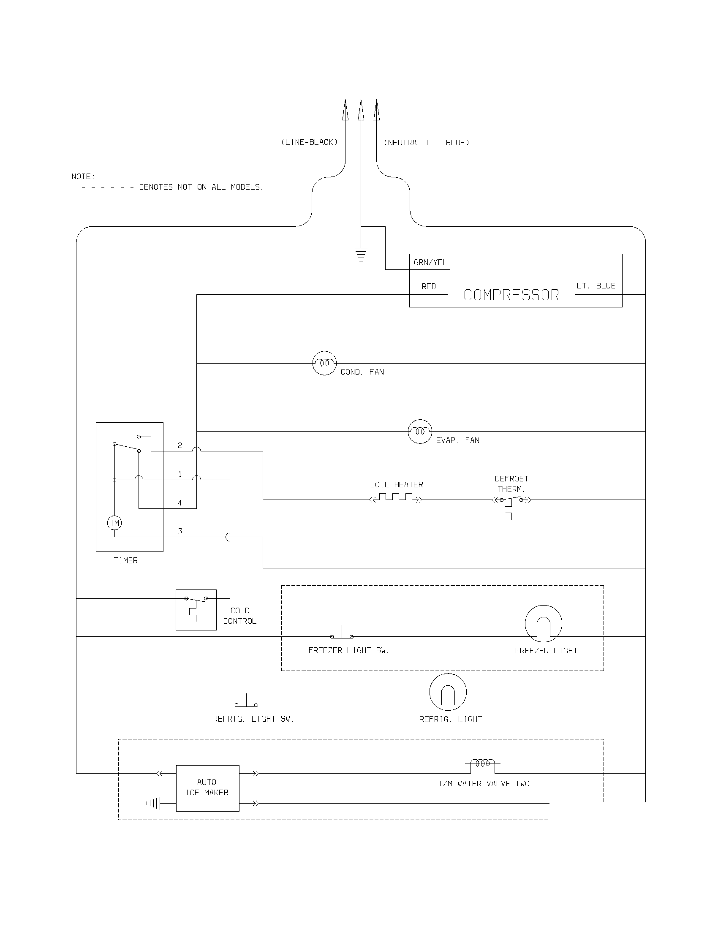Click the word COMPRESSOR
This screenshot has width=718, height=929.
point(511,295)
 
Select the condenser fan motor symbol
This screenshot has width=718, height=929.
point(324,363)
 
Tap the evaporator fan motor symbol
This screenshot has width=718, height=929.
point(420,431)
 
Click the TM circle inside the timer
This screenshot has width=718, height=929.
point(114,523)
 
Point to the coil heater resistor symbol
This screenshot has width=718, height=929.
point(397,497)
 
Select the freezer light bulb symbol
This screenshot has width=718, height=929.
point(543,624)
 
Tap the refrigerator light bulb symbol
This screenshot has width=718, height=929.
point(448,692)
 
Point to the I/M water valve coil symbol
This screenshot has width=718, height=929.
point(482,763)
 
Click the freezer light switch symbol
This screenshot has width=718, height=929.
point(342,634)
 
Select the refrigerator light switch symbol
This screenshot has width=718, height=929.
point(246,702)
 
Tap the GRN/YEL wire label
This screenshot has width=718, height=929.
point(430,263)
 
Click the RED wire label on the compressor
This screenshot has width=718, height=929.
point(428,286)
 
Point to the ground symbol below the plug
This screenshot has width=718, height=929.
point(361,254)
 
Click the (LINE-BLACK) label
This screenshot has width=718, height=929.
point(309,142)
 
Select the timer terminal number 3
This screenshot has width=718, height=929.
point(180,531)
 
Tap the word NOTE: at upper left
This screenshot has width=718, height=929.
point(83,177)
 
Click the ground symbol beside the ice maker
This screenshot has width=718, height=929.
point(153,804)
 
